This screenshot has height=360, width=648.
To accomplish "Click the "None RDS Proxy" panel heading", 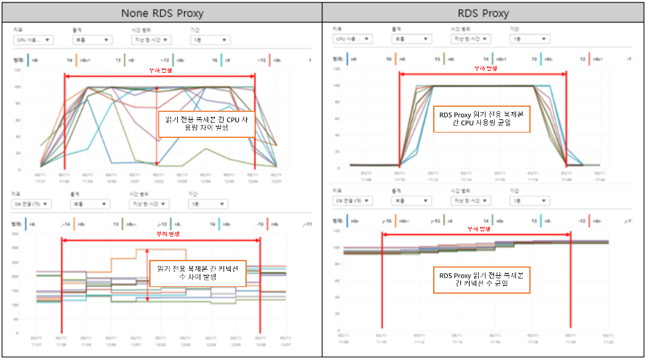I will [x=161, y=13].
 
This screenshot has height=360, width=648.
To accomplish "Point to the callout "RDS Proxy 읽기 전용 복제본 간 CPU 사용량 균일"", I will [x=481, y=120].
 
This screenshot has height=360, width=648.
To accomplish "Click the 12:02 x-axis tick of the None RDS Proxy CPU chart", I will [x=157, y=177].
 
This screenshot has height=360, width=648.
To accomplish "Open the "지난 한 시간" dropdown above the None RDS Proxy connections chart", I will [x=149, y=204].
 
